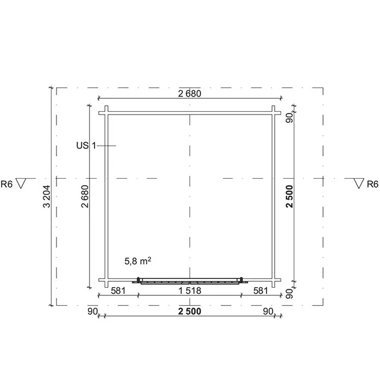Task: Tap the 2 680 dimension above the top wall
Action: pos(189,93)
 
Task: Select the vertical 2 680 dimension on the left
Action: pos(85,197)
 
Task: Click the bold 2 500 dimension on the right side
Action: pos(289,197)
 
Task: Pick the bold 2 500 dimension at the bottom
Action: pos(189,311)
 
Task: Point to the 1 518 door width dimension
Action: pos(189,290)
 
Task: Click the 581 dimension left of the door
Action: pos(118,290)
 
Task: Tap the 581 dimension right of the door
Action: pos(261,290)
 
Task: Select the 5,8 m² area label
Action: pos(138,261)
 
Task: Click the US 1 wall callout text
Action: pos(86,145)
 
